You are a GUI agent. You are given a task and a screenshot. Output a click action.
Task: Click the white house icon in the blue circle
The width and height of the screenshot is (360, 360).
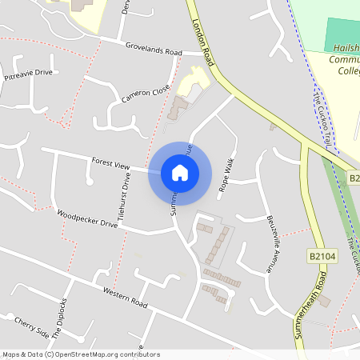coord(179,172)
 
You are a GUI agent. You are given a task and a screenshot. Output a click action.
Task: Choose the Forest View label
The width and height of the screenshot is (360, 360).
coord(110,164)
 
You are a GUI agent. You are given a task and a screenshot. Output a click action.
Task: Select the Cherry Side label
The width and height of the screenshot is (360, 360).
coord(31,327)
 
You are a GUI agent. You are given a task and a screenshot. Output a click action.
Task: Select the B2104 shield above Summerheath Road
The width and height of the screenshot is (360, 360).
coord(319,256)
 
